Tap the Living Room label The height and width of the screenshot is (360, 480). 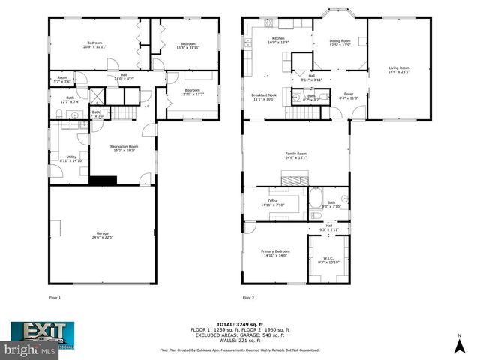[398, 70]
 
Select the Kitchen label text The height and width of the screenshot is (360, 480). [278, 40]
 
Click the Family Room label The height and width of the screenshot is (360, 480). [296, 155]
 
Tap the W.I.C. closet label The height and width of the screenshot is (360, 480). [329, 259]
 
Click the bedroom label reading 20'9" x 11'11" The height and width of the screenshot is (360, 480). [94, 45]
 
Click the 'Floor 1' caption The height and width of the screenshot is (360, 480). [55, 298]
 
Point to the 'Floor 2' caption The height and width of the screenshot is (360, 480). [248, 298]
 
